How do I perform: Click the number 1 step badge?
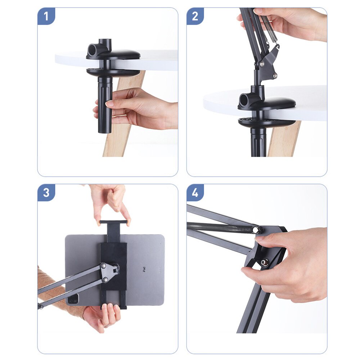point(46,16)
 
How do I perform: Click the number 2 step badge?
point(195,16)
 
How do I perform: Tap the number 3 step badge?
point(46,192)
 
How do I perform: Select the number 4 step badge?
point(195,192)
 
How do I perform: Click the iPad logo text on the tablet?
point(144,269)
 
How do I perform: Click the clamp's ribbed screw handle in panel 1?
point(105,104)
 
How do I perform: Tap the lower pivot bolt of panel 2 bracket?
point(275,75)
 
